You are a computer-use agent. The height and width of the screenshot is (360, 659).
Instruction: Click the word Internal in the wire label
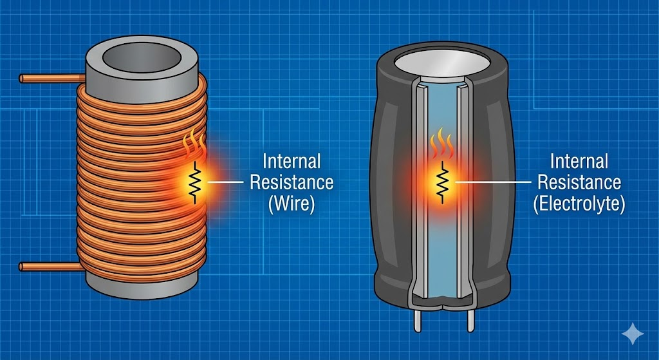(291, 161)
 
